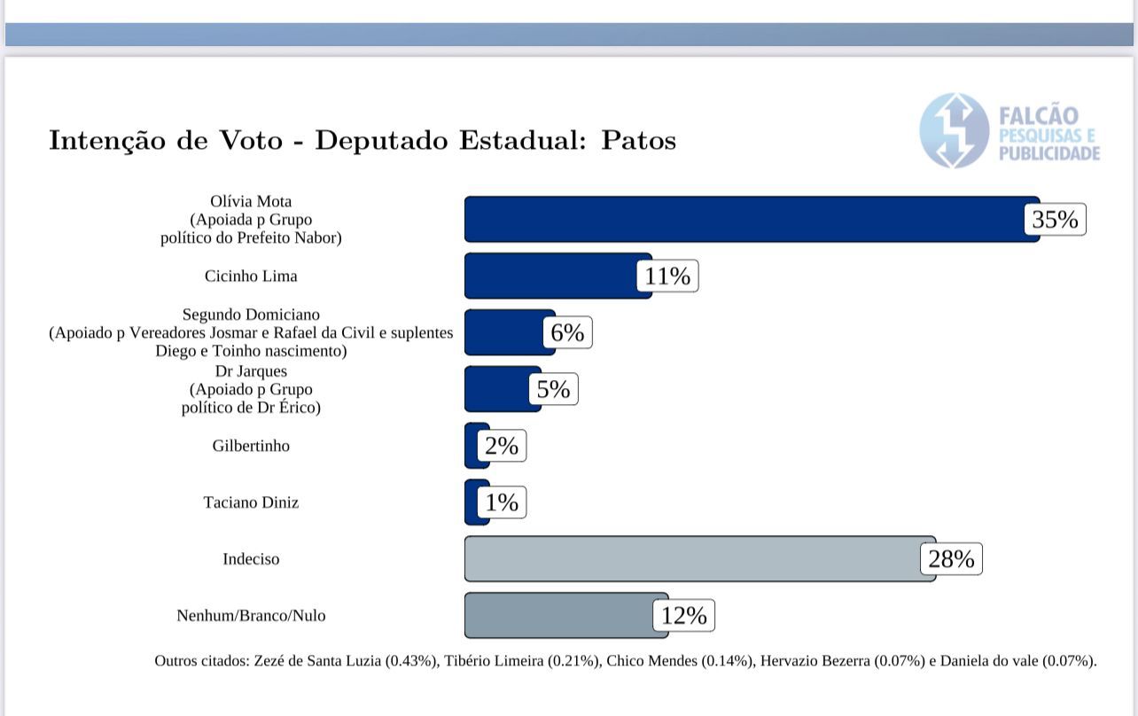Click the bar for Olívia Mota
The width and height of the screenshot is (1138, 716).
tap(744, 219)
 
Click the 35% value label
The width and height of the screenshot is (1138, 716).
tap(1055, 219)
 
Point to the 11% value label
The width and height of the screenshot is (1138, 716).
tap(667, 276)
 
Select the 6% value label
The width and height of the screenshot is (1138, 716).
tap(567, 332)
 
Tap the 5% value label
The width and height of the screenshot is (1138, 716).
tap(553, 389)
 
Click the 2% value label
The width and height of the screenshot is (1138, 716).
tap(502, 446)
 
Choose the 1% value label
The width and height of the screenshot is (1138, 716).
tap(502, 502)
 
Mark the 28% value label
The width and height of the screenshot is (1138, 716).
tap(951, 559)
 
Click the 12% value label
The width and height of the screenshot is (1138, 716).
tap(683, 616)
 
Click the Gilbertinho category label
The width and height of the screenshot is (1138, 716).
tap(251, 446)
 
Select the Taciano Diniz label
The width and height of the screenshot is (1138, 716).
tap(251, 502)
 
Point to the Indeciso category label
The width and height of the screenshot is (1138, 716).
tap(251, 559)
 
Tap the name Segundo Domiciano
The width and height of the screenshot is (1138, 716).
tap(251, 315)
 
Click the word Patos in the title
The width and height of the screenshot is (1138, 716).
tap(638, 141)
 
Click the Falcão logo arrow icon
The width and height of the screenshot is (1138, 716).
tap(954, 130)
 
